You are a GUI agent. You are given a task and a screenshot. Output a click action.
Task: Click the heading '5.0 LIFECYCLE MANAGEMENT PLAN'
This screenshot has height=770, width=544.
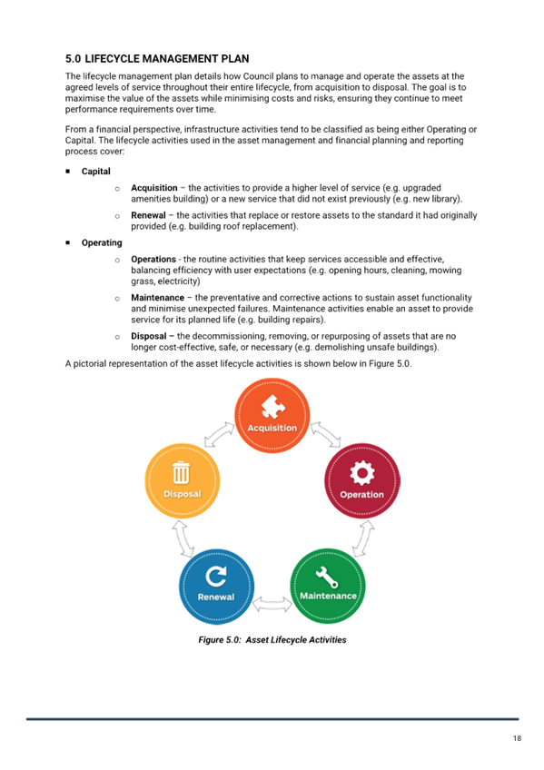157,59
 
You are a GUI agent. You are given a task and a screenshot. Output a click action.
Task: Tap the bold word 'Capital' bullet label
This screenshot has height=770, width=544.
95,172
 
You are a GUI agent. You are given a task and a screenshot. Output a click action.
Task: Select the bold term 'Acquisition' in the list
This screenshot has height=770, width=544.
154,188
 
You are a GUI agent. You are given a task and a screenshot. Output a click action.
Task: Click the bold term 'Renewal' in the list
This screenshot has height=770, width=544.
148,215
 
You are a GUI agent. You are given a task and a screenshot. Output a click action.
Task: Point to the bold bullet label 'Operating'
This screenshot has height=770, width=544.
102,242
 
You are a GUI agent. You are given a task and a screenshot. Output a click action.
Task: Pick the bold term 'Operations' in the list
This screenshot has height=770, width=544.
153,260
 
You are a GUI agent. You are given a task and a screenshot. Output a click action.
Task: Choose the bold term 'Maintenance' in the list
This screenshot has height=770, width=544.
158,298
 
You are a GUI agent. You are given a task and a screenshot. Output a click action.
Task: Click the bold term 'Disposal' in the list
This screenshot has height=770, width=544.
149,336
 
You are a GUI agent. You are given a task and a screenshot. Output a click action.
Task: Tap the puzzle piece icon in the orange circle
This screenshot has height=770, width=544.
273,407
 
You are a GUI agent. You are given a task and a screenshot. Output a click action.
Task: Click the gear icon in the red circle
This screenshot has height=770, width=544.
362,473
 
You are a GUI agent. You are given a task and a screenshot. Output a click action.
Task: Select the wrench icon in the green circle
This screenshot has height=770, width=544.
327,577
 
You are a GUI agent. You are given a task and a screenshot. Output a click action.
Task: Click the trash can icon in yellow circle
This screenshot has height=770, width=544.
181,472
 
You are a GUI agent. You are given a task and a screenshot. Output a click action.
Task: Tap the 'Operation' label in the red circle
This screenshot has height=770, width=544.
361,495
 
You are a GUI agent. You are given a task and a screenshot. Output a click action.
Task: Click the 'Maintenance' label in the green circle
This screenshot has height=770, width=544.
328,596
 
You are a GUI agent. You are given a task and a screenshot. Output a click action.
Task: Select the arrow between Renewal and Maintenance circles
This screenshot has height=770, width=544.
272,604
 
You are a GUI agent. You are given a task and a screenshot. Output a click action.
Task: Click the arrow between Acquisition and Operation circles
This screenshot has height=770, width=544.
325,434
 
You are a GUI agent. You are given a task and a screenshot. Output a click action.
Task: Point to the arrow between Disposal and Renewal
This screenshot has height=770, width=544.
183,538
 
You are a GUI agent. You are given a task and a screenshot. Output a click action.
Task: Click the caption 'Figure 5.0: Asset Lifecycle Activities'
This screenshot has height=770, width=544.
272,640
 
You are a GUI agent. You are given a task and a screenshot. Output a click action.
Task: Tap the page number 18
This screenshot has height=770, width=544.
517,738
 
